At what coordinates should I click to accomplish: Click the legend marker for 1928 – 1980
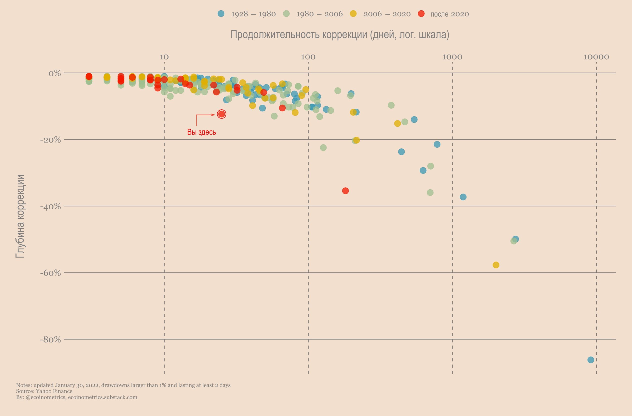[221, 14]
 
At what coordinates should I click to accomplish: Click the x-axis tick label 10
[164, 57]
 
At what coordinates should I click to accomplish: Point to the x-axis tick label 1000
[452, 57]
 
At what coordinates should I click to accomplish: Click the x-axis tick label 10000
[596, 57]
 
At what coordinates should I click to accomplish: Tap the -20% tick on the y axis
[50, 140]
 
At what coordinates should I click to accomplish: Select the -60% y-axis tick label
[50, 273]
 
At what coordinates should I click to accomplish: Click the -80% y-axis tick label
[50, 339]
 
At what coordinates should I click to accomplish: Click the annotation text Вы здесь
[201, 132]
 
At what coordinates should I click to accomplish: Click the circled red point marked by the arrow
[221, 114]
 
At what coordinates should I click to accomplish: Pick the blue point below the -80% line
[591, 360]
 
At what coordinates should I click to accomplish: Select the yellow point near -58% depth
[496, 265]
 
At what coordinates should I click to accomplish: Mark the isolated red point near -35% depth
[345, 191]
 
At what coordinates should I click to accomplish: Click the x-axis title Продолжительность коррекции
[340, 35]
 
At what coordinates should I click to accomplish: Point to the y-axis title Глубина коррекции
[20, 216]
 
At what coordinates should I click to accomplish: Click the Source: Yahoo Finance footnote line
[44, 391]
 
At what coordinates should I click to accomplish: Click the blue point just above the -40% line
[463, 197]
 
